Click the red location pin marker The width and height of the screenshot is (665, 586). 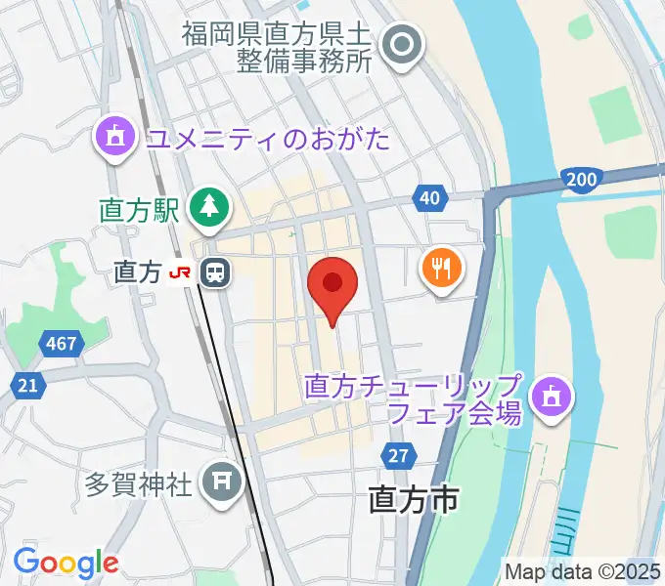click(x=332, y=285)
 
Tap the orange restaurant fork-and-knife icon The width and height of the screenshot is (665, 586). click(x=442, y=267)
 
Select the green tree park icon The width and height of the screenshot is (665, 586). click(x=209, y=205)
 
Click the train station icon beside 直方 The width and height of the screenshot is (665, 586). click(x=215, y=272)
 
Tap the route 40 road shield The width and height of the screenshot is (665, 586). click(x=430, y=198)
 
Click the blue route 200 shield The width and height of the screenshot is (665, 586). click(x=581, y=179)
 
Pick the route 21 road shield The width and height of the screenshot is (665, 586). click(x=27, y=385)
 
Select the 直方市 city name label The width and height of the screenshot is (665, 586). click(x=414, y=501)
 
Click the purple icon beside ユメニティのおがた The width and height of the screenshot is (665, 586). click(x=115, y=137)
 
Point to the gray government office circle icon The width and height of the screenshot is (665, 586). click(x=400, y=44)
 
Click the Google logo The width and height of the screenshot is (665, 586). click(x=66, y=563)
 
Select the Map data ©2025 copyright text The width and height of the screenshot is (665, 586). click(x=583, y=571)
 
